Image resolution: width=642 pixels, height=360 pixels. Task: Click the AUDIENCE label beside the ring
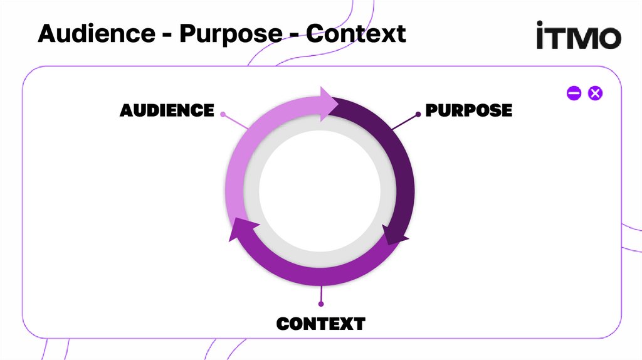pos(167,110)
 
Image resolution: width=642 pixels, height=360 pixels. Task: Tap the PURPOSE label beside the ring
pos(469,110)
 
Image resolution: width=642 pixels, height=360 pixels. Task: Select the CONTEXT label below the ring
pos(320,324)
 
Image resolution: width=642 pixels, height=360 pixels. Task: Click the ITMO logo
pos(578,36)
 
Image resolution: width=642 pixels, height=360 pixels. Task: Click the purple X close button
pos(596,93)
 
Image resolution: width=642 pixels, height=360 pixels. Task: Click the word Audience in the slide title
pos(95,33)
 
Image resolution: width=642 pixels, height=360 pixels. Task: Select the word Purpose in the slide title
pos(231,33)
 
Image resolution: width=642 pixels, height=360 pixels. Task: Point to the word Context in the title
pos(356,33)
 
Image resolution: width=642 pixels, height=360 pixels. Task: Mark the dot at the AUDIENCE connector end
pos(223,115)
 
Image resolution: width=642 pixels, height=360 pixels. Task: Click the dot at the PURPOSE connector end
pos(418,114)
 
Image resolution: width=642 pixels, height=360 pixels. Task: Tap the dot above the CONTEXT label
pos(321,304)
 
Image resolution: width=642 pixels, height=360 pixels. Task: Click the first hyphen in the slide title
pos(166,34)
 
